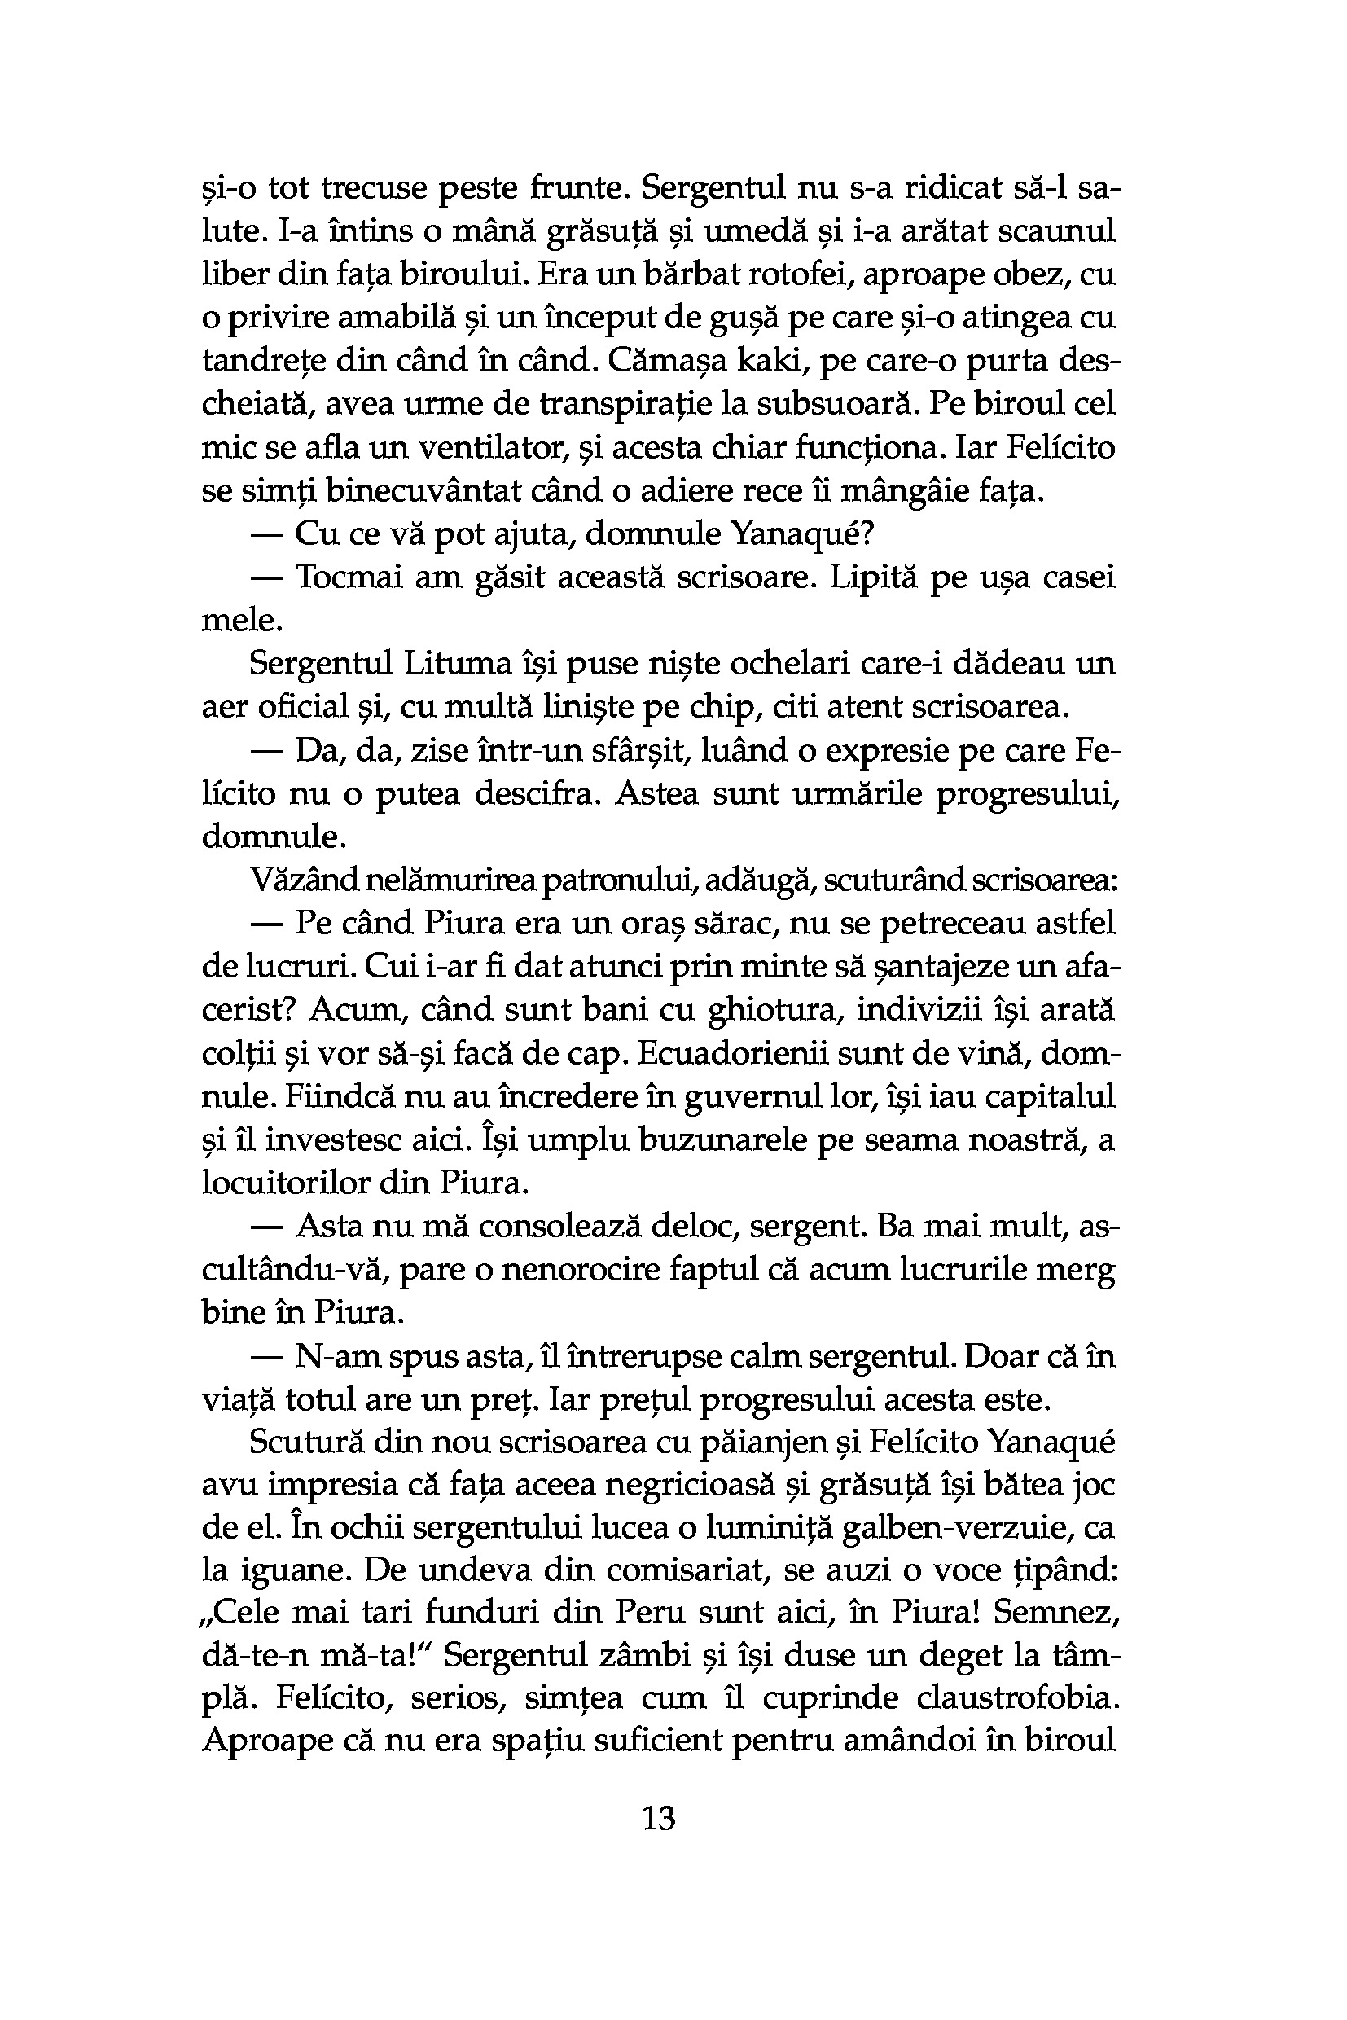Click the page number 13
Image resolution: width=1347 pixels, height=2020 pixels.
pyautogui.click(x=659, y=1819)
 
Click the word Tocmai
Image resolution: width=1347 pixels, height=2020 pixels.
pyautogui.click(x=349, y=577)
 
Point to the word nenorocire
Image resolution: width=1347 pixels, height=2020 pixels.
pyautogui.click(x=585, y=1269)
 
